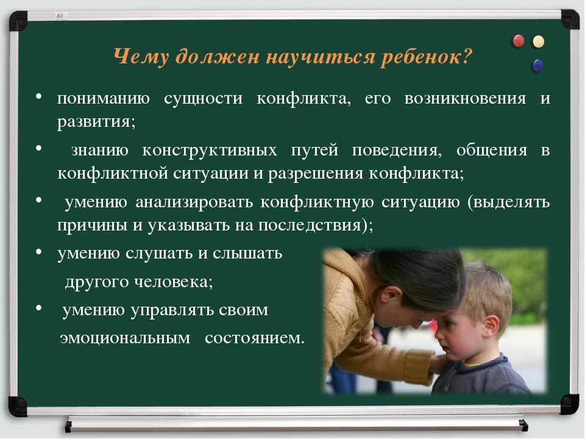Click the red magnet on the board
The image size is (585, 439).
tap(519, 41)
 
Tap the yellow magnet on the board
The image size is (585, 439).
tap(538, 41)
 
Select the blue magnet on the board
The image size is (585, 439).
tap(537, 65)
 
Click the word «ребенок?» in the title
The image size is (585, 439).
tap(427, 57)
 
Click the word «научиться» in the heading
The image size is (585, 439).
tap(321, 57)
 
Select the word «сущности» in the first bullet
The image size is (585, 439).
tap(204, 99)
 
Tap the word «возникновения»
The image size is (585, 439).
tap(465, 98)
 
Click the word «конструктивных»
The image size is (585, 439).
tap(210, 150)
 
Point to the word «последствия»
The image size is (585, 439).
tap(310, 225)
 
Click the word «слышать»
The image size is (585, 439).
tap(247, 253)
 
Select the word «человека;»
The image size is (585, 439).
tap(174, 282)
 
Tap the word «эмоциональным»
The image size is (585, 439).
tap(125, 338)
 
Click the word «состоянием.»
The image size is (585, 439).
tap(255, 338)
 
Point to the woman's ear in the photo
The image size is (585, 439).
tap(389, 296)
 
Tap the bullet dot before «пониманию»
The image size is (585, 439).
tap(39, 96)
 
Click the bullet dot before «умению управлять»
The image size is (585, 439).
tap(39, 309)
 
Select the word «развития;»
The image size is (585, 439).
tap(96, 121)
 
